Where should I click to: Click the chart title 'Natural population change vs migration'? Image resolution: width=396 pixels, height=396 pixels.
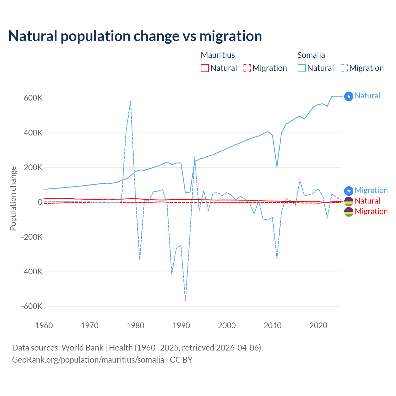(135, 36)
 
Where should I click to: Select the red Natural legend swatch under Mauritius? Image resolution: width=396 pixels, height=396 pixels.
(204, 68)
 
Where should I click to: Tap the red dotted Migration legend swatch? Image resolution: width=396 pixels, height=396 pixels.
(247, 68)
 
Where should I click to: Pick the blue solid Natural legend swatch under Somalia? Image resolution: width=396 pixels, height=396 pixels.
(301, 68)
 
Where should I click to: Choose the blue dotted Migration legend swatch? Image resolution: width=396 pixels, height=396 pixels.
(344, 68)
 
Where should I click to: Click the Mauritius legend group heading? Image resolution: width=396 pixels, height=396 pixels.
(218, 55)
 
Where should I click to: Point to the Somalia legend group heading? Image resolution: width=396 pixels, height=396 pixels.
(311, 55)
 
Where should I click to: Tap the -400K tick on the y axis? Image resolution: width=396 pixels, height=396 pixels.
(32, 272)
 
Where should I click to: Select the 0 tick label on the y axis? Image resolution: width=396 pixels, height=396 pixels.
(40, 202)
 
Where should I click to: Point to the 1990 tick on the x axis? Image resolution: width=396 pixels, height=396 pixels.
(181, 325)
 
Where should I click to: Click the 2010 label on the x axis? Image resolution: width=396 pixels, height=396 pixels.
(273, 325)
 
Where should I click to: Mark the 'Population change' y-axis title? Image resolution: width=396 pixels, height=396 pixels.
(13, 199)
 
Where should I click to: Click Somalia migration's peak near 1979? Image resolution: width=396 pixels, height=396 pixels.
(131, 101)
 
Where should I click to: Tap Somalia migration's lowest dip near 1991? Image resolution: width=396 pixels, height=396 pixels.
(185, 300)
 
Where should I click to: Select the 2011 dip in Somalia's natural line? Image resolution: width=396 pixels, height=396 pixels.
(277, 166)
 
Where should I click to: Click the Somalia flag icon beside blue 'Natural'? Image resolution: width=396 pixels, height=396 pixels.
(349, 97)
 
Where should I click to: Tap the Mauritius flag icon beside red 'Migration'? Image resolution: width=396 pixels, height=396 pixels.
(349, 212)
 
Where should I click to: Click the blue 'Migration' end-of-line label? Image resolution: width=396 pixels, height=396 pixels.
(371, 190)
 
